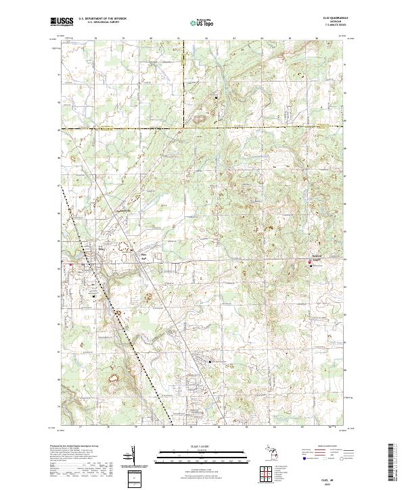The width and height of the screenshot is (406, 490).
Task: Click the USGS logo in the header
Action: [x=60, y=21]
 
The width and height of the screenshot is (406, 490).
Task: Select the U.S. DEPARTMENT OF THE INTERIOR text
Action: [x=101, y=18]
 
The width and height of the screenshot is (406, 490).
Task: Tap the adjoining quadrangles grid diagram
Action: [x=267, y=472]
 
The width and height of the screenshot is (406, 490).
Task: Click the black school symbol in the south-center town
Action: [x=210, y=362]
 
